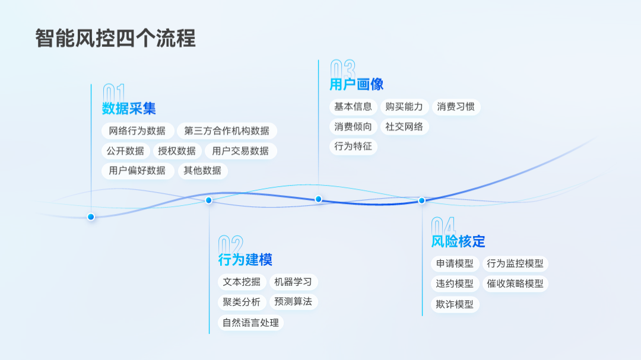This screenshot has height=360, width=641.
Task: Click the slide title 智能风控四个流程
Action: click(x=115, y=39)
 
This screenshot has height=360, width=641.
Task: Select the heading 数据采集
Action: click(x=129, y=109)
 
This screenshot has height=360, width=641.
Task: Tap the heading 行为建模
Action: click(x=245, y=260)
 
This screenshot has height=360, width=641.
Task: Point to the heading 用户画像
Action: click(x=357, y=84)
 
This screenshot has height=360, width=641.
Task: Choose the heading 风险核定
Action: click(x=458, y=241)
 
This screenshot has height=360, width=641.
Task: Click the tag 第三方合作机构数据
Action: click(x=227, y=131)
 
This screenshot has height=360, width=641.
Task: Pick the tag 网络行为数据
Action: click(x=137, y=131)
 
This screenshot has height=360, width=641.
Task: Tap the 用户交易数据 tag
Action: click(x=240, y=151)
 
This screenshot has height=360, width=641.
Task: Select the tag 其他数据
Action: click(x=202, y=171)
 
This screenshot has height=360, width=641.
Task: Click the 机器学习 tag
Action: click(x=293, y=282)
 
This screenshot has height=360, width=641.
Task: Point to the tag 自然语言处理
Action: click(x=250, y=323)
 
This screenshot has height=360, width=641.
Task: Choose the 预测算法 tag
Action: click(x=293, y=302)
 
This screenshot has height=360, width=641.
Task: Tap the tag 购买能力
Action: click(x=404, y=107)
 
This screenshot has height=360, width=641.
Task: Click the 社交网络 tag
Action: click(x=404, y=126)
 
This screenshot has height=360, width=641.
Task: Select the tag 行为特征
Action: click(x=353, y=146)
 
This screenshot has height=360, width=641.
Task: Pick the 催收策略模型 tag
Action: click(x=515, y=283)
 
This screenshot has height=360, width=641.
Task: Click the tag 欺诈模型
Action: click(x=455, y=304)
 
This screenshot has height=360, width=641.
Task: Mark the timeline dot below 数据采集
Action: click(x=91, y=217)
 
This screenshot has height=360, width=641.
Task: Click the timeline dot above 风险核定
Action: click(x=422, y=200)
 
